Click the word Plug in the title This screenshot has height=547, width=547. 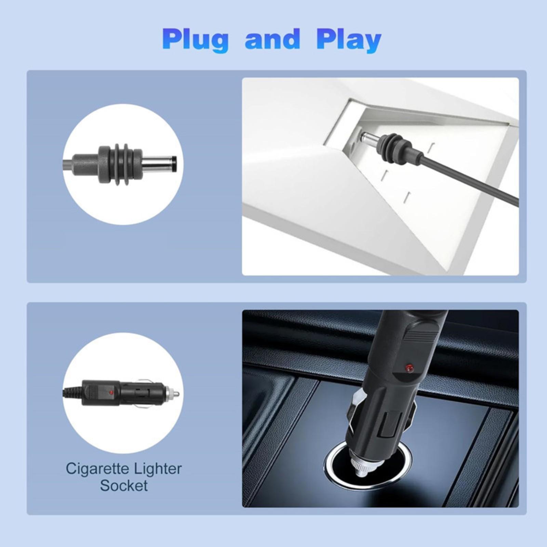coord(195,41)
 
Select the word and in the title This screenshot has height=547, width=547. coord(272,39)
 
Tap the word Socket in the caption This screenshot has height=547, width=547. coord(124,485)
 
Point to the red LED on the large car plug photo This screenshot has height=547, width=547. coord(408,368)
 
